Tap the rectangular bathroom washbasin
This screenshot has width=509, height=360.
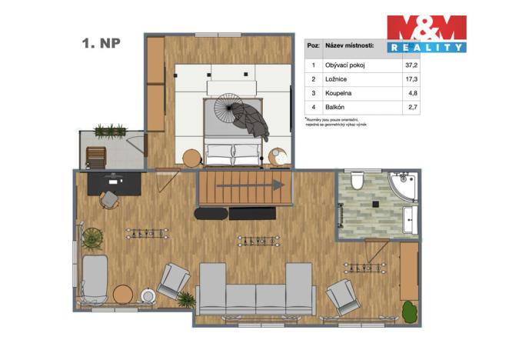pyautogui.click(x=409, y=219)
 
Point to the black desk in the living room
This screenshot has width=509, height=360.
pyautogui.click(x=114, y=183)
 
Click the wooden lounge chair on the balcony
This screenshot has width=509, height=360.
pyautogui.click(x=98, y=157)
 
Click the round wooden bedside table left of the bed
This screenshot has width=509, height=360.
pyautogui.click(x=191, y=158)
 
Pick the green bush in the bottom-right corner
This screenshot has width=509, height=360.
pyautogui.click(x=411, y=312)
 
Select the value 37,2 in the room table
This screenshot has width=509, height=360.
pyautogui.click(x=411, y=65)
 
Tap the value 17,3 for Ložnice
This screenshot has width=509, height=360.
pyautogui.click(x=411, y=78)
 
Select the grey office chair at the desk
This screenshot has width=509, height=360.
pyautogui.click(x=109, y=199)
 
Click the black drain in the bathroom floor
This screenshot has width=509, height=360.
pyautogui.click(x=375, y=205)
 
